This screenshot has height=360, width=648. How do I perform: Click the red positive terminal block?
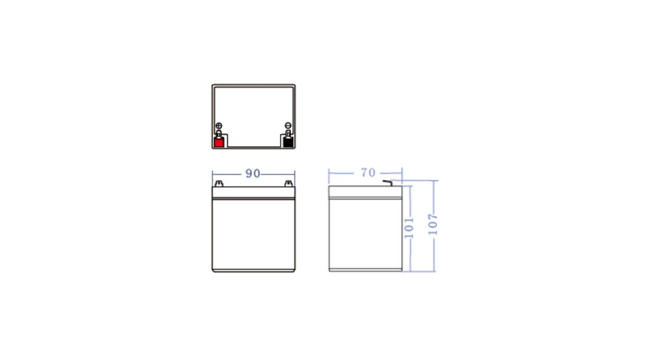point(219,143)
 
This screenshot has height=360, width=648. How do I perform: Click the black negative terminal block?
point(288,143)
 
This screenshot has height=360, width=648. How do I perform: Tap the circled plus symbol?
point(219,126)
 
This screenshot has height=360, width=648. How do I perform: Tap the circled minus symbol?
point(288,126)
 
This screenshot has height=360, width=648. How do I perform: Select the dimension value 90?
point(253,174)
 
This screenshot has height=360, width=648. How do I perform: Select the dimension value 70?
point(368,172)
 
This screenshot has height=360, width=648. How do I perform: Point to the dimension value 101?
point(409,228)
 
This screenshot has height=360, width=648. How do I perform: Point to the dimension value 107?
point(433,225)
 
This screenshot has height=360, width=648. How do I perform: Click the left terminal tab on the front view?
point(219,184)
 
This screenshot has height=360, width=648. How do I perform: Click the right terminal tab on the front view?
point(289,184)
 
